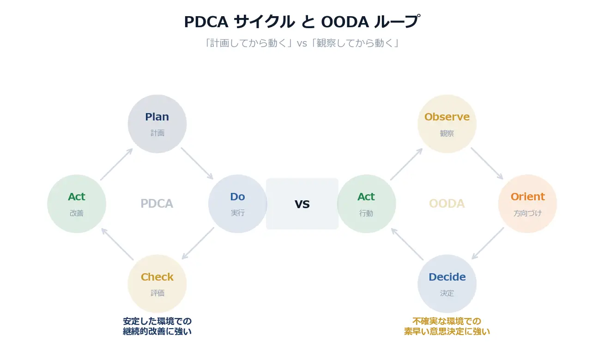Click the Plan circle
point(157,124)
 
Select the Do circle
point(237,204)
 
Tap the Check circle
point(157,284)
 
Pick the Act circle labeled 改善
point(77,204)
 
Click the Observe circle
point(447,124)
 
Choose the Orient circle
point(527,204)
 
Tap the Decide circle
point(447,284)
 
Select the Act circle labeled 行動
point(366,204)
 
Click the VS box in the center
point(302,204)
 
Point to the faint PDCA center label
point(157,204)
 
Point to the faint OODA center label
point(447,204)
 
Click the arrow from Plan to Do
point(197,163)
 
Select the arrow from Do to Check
point(198,243)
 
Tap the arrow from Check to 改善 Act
point(117,244)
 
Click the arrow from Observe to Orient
point(487,163)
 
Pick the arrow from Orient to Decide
point(487,243)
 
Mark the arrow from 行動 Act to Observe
point(406,164)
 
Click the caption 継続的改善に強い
point(157,331)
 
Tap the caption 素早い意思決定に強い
point(447,331)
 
